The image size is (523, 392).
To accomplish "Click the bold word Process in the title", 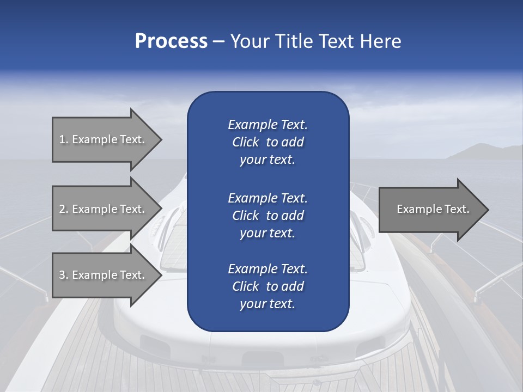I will tap(171, 41).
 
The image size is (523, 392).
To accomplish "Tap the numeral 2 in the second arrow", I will tap(62, 209).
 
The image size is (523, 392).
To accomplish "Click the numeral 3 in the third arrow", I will tap(62, 275).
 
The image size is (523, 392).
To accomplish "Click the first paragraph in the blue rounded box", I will tap(267, 142).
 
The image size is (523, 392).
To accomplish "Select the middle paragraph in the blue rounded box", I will tap(267, 216).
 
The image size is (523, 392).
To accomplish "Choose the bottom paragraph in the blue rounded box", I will tap(267, 286).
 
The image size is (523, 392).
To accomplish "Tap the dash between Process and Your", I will tap(219, 42).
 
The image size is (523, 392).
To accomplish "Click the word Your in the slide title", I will tap(248, 41).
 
